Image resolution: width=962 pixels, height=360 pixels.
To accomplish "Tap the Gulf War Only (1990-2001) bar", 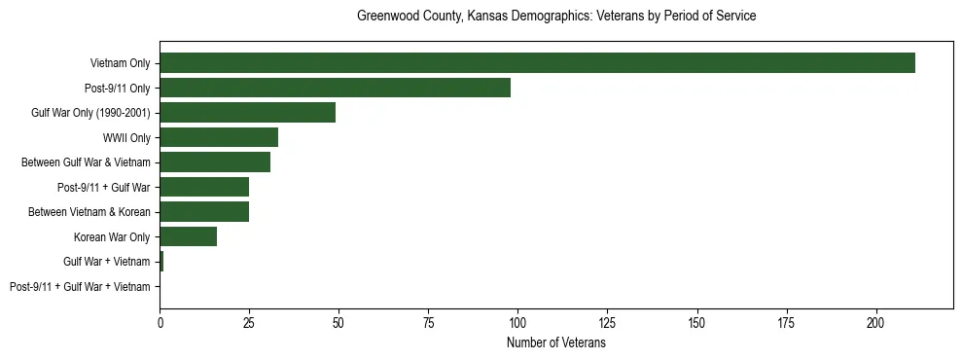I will tap(247, 113).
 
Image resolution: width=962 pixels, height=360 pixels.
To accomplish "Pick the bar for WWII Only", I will tap(219, 138).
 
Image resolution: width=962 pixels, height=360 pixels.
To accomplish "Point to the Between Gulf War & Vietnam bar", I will tap(215, 162).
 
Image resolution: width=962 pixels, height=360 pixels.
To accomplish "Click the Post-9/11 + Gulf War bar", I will tap(204, 188).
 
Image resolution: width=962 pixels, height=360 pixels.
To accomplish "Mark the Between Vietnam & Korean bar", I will tap(204, 212).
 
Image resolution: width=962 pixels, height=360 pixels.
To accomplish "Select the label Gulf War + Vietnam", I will tap(107, 263).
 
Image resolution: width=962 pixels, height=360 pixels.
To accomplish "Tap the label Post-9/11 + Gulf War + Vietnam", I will tap(80, 287).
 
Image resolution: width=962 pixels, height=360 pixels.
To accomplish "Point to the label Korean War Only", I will tap(112, 237).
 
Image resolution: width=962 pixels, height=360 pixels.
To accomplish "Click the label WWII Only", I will tap(126, 138).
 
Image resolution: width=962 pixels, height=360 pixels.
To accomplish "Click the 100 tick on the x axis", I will tap(517, 320).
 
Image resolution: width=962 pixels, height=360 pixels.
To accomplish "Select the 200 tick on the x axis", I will tap(875, 320).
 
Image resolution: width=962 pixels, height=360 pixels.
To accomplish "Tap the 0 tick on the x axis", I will tap(160, 320).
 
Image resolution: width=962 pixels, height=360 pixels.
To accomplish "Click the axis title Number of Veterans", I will tap(556, 343).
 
